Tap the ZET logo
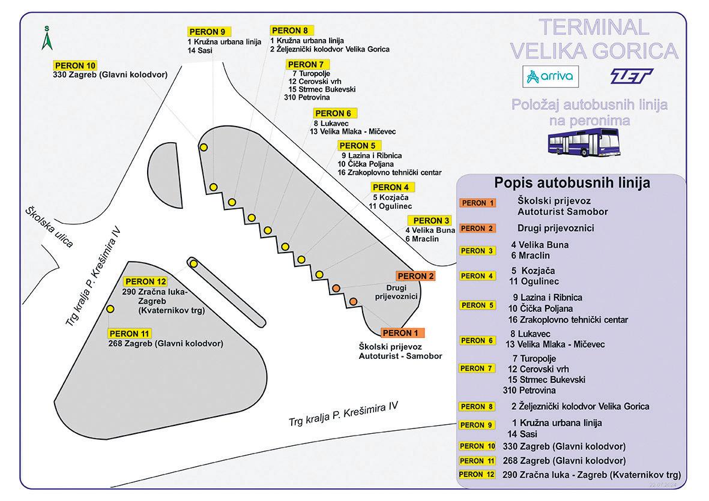(x=630, y=76)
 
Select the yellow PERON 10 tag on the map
(x=74, y=65)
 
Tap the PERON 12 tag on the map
(x=145, y=282)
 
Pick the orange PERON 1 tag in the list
(x=478, y=203)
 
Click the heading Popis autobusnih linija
(x=572, y=183)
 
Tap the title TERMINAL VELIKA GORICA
(x=594, y=39)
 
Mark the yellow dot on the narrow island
(x=193, y=263)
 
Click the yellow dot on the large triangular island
(x=110, y=308)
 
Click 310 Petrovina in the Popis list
(x=529, y=391)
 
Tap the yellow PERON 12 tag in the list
(x=478, y=475)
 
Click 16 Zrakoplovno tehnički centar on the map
(x=390, y=172)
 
